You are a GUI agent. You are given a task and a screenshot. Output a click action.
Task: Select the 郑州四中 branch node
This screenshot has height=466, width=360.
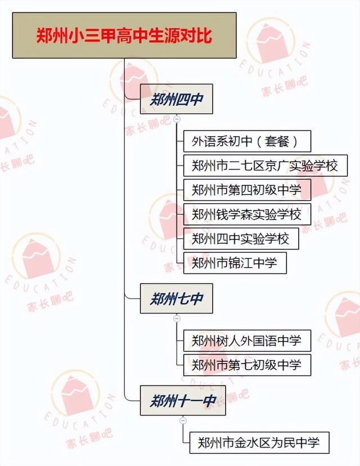tap(176, 100)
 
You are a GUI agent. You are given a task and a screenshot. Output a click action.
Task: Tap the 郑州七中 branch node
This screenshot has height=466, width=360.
tap(176, 298)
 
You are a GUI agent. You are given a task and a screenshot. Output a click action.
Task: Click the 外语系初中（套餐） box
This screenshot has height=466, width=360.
tap(247, 141)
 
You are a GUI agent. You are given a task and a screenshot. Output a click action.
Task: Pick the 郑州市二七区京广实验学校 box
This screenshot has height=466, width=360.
tap(264, 165)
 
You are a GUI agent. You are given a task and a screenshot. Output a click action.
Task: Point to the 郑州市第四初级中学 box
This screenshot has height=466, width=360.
tap(246, 190)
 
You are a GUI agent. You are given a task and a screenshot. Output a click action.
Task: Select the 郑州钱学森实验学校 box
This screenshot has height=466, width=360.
tap(246, 214)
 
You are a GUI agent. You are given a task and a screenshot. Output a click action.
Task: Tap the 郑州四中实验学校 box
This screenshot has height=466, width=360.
tap(240, 239)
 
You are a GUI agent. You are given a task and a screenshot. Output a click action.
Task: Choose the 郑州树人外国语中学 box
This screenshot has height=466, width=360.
tap(246, 340)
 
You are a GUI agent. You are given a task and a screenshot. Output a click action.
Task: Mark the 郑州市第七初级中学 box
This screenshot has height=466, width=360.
tap(246, 365)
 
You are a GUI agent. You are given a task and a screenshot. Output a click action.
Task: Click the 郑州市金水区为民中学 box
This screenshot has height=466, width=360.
tap(259, 442)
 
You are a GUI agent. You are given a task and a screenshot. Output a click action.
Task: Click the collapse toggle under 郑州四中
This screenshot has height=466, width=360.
tap(177, 119)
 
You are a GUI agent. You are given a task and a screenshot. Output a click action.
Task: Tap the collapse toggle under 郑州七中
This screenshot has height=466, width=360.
tap(177, 318)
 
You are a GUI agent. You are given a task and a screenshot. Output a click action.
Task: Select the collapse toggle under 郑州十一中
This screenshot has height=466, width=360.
tap(183, 420)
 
